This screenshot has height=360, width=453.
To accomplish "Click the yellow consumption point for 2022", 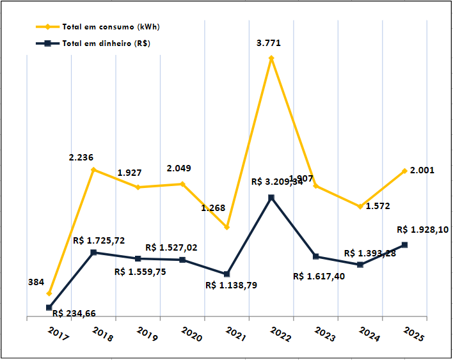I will (271, 58).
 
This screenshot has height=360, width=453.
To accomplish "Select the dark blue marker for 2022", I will (271, 198).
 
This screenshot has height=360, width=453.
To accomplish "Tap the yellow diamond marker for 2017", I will (49, 293).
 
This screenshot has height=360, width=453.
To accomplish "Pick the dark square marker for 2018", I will (93, 253).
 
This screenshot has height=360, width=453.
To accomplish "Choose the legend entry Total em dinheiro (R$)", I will (106, 43).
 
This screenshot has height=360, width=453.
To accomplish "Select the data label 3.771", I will (269, 43).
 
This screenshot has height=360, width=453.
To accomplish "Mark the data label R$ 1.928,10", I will (423, 229).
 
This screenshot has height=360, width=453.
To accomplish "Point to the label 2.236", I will (83, 157).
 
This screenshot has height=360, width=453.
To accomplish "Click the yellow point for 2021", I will (227, 227).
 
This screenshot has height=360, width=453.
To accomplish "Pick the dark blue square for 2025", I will (405, 245).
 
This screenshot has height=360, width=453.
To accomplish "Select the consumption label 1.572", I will (378, 206).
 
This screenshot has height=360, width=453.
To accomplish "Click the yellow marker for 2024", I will (361, 207).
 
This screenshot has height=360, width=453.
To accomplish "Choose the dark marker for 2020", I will (182, 260).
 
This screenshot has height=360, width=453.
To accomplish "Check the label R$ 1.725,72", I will (99, 240).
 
